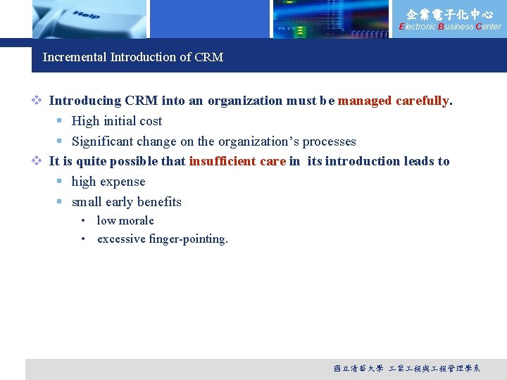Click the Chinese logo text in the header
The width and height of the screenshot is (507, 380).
[x=450, y=14]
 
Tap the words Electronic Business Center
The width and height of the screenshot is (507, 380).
[x=450, y=27]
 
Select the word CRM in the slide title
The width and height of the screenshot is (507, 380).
[x=208, y=57]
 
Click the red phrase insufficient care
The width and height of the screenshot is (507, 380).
[x=237, y=161]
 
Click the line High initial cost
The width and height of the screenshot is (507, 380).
[x=117, y=121]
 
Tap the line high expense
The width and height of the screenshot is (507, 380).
[x=108, y=182]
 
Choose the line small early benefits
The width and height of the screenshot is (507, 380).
[x=127, y=202]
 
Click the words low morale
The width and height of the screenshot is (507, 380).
[x=125, y=220]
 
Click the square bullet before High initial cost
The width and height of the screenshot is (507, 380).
[x=61, y=121]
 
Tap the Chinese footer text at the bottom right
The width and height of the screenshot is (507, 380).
[x=406, y=368]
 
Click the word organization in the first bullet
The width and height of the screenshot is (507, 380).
[x=245, y=101]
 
